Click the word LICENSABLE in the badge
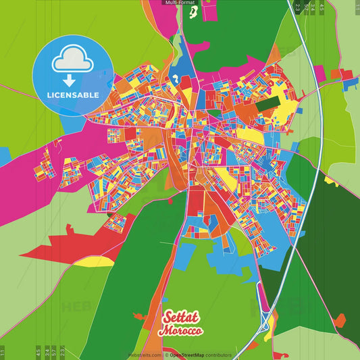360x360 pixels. pos(73,95)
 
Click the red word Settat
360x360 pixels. pos(182,317)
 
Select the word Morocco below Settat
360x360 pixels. pos(180,331)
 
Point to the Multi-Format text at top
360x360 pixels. pos(180,3)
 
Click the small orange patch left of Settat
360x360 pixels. pos(139,315)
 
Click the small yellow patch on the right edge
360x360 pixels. pos(330,180)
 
